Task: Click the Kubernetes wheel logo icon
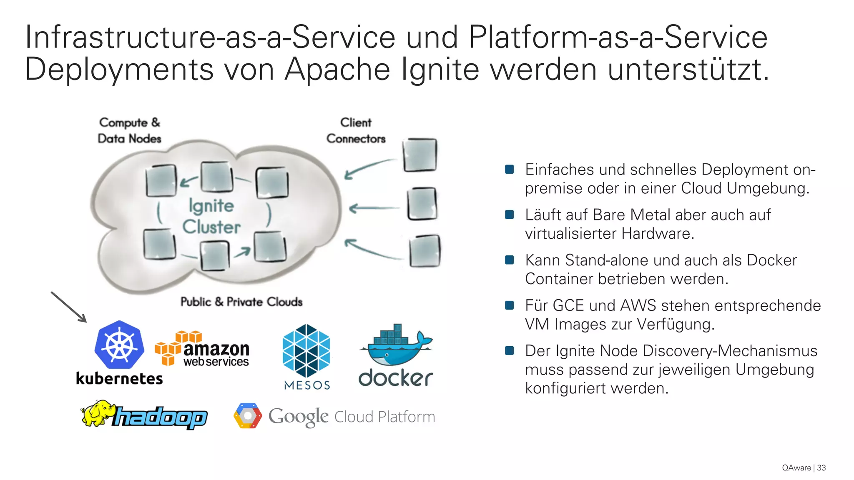tap(119, 345)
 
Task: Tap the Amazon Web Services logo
tap(203, 349)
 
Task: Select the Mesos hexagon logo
tap(306, 350)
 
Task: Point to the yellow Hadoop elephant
tap(97, 413)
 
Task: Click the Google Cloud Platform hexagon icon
tap(248, 416)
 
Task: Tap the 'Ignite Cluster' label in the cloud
tap(211, 216)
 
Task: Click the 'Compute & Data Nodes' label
tap(129, 130)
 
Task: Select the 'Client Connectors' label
tap(356, 130)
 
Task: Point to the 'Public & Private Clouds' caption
tap(241, 302)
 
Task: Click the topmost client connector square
tap(420, 155)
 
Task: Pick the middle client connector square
tap(422, 204)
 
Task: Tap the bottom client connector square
tap(424, 251)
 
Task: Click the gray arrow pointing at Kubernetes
tap(69, 307)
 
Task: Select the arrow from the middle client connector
tap(374, 208)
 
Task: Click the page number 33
tap(821, 468)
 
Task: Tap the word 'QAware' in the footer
tap(796, 468)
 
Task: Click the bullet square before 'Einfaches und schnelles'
tap(509, 169)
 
